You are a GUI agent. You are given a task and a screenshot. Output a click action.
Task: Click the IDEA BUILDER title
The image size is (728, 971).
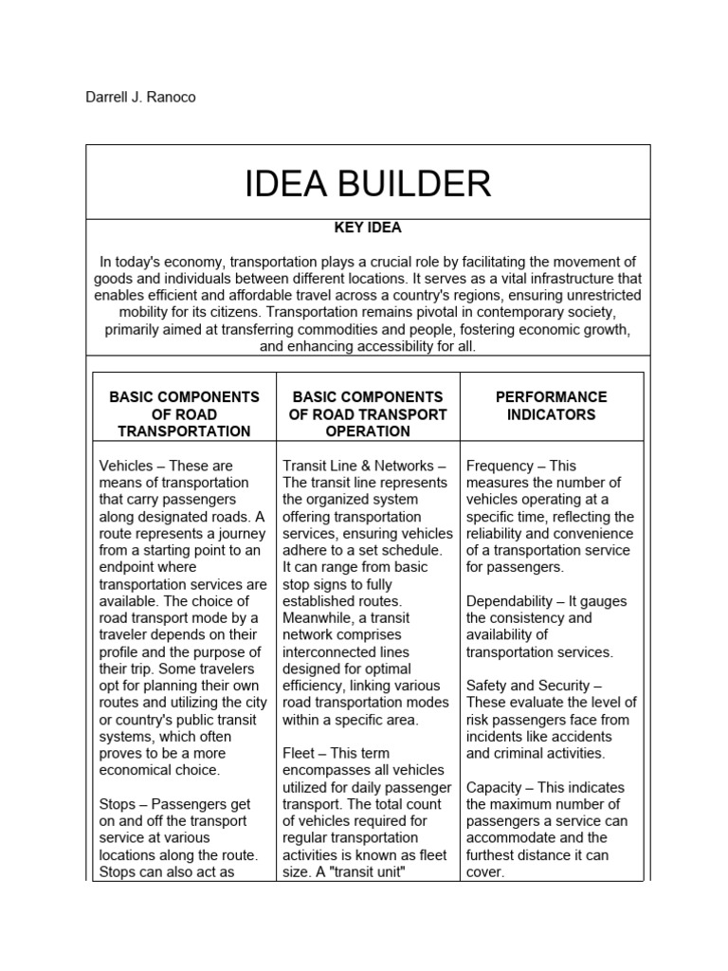[368, 183]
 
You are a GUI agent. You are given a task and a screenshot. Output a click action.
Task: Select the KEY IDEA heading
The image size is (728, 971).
[368, 229]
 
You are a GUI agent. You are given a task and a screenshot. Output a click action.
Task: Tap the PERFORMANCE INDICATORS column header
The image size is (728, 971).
[551, 406]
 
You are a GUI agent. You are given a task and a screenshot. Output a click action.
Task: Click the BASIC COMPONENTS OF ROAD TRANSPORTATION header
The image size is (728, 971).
[184, 414]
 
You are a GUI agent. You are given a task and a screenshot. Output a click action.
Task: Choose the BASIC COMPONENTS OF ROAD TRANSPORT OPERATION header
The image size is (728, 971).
[368, 414]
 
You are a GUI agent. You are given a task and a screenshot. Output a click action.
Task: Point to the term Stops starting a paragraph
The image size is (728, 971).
[118, 804]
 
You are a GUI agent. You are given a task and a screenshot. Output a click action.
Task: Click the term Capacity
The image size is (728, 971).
[495, 787]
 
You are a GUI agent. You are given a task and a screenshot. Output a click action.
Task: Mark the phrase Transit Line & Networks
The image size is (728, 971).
[358, 466]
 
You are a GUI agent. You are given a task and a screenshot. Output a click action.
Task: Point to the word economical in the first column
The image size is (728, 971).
[142, 770]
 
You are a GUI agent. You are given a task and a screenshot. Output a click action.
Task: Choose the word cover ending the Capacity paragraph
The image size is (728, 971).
[482, 872]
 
